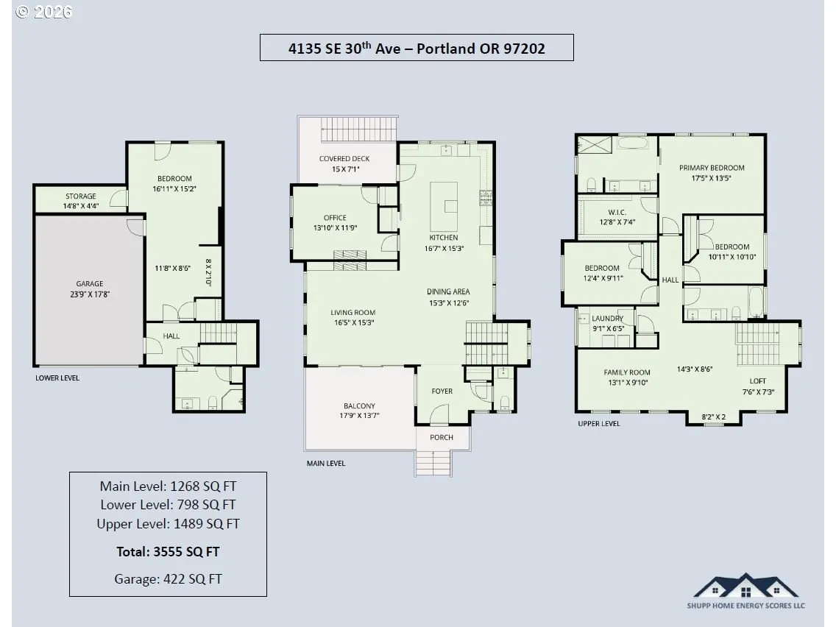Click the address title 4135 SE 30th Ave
[x=344, y=49]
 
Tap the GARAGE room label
[x=90, y=283]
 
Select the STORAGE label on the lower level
[x=80, y=196]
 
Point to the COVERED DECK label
[x=344, y=158]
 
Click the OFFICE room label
[x=335, y=218]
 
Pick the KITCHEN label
[x=444, y=238]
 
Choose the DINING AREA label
[x=448, y=291]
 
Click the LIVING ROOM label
[x=353, y=313]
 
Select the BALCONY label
[x=359, y=405]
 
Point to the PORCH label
[x=442, y=437]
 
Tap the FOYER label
[x=442, y=392]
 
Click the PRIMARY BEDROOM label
[x=712, y=168]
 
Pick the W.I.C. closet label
[x=617, y=212]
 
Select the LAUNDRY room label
[x=607, y=319]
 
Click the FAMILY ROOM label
[x=627, y=372]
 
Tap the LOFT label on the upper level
[x=758, y=381]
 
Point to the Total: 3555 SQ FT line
[x=168, y=552]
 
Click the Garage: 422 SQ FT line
[x=168, y=579]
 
